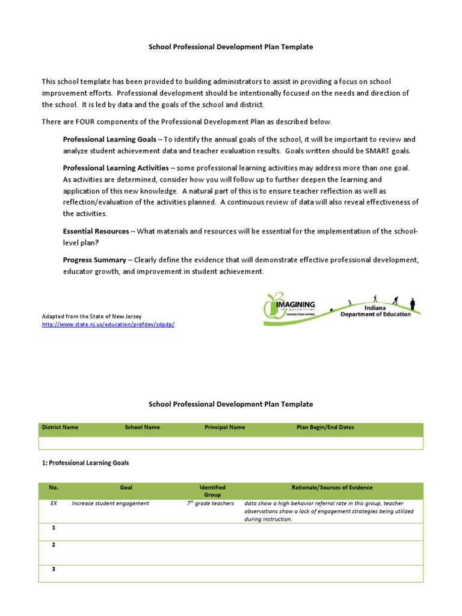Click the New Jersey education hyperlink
coord(108,324)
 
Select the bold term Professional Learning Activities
coord(115,168)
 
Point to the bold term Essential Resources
coord(96,231)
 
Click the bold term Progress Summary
coord(94,260)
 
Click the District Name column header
coord(60,428)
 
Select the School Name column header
coord(142,428)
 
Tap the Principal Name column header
coord(224,428)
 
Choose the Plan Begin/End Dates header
coord(325,428)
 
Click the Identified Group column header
coord(212,491)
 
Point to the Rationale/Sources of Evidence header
coord(331,487)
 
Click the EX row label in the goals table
coord(54,504)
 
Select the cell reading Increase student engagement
coord(110,504)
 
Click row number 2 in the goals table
coord(54,545)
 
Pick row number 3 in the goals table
coord(54,570)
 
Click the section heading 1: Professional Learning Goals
coord(85,463)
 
